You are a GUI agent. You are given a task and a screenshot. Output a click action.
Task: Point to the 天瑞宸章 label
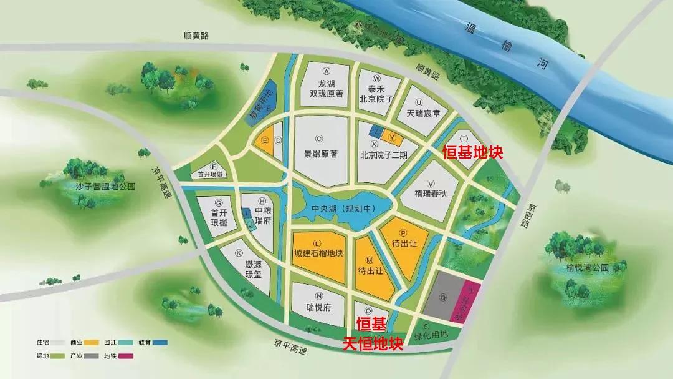click(x=423, y=113)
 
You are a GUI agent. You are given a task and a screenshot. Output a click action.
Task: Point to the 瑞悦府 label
click(x=318, y=308)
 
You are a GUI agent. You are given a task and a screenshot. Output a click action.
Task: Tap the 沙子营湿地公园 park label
click(x=97, y=186)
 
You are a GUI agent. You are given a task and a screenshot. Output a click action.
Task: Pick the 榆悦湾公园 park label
click(x=587, y=267)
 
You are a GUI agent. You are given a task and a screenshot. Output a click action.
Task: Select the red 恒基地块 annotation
click(x=472, y=152)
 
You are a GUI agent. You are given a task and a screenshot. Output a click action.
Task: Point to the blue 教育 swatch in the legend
click(x=161, y=342)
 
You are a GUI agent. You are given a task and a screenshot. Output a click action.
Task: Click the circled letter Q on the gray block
click(x=442, y=298)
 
